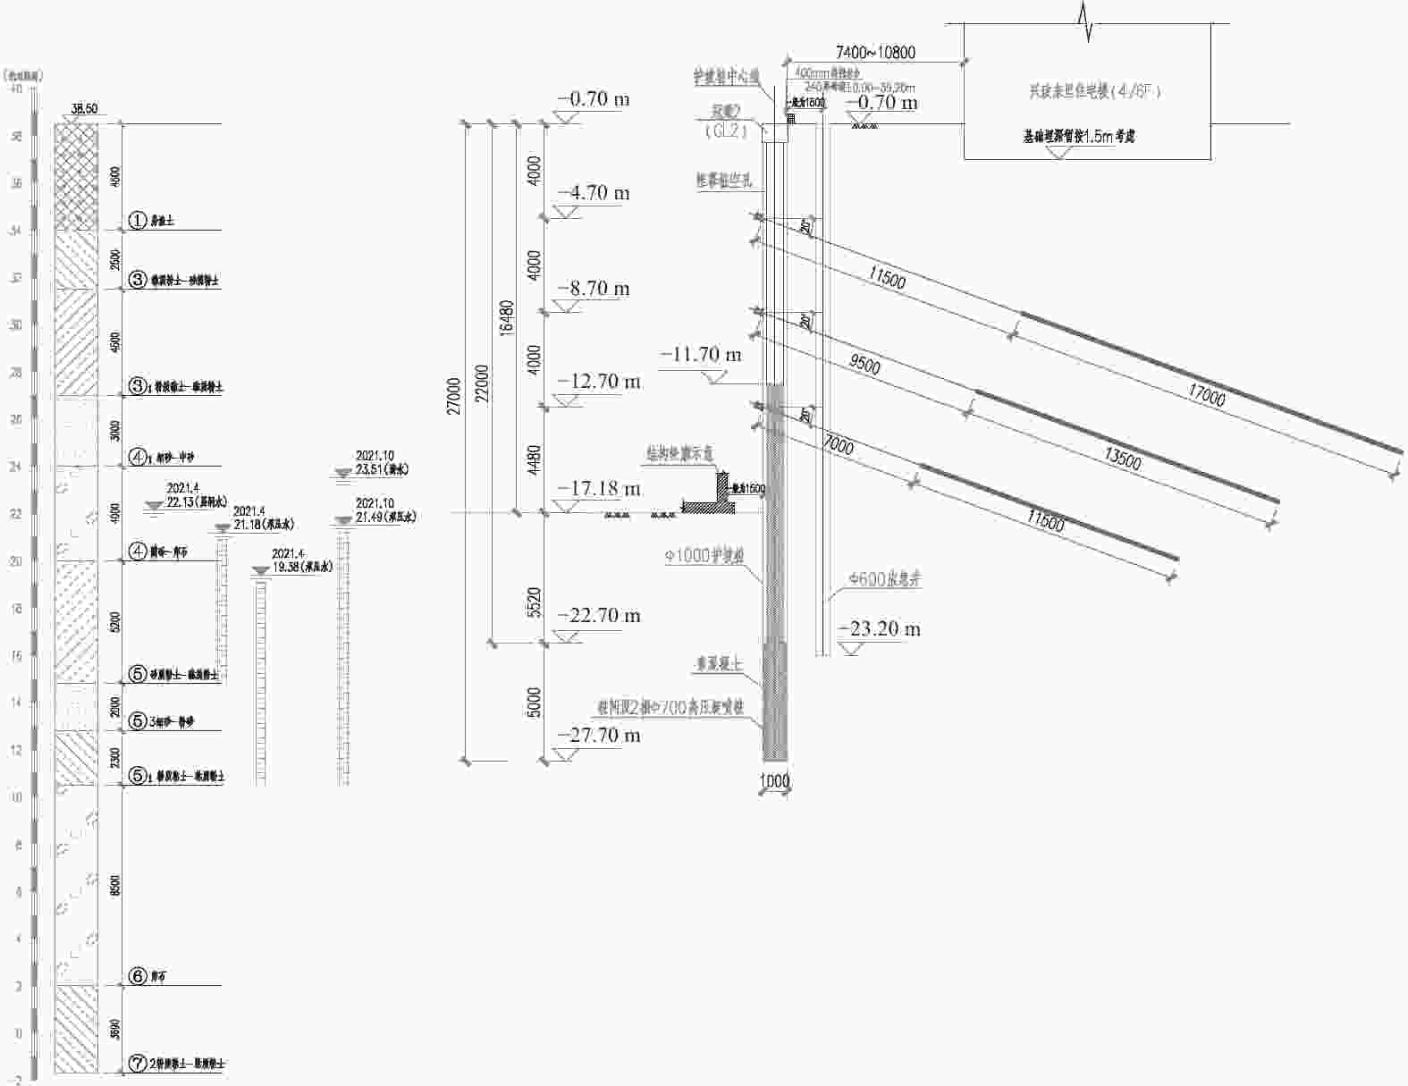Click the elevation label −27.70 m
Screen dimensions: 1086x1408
(598, 735)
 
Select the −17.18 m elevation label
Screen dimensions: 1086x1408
(598, 488)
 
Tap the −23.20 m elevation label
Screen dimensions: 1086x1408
(879, 628)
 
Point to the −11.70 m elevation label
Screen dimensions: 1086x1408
(701, 355)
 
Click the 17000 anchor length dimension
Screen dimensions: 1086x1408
(1206, 394)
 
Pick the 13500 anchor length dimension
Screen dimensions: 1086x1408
(1122, 459)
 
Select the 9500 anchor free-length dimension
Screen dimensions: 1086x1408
(864, 365)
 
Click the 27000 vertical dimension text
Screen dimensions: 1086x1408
(454, 395)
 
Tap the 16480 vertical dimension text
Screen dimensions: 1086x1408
(507, 316)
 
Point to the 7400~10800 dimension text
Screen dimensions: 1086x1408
(875, 53)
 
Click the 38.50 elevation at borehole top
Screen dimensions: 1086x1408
(84, 109)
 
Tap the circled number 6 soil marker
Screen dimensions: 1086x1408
(138, 976)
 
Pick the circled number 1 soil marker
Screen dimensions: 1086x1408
(138, 220)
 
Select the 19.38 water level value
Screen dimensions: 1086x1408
(288, 567)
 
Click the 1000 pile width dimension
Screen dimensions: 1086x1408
(774, 780)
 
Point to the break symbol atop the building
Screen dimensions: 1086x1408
(1087, 21)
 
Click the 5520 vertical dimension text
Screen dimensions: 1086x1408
(534, 602)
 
